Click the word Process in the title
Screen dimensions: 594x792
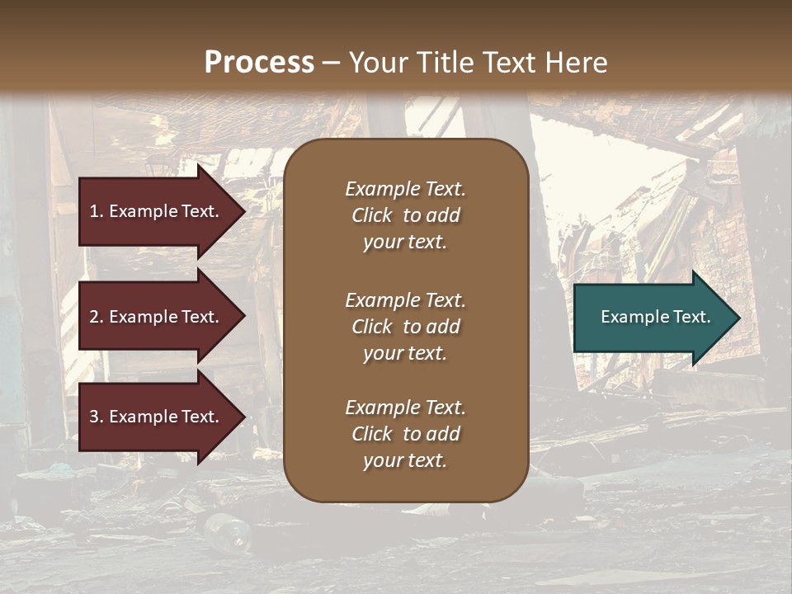259,63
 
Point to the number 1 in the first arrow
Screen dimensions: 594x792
94,211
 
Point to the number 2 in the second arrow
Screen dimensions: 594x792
94,317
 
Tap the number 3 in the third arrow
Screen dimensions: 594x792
94,417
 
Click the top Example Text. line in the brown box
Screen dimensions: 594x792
405,189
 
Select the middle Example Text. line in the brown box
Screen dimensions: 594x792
405,300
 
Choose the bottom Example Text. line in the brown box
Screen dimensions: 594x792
405,408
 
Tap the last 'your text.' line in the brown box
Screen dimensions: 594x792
405,461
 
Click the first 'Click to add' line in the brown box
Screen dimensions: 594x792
405,215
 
